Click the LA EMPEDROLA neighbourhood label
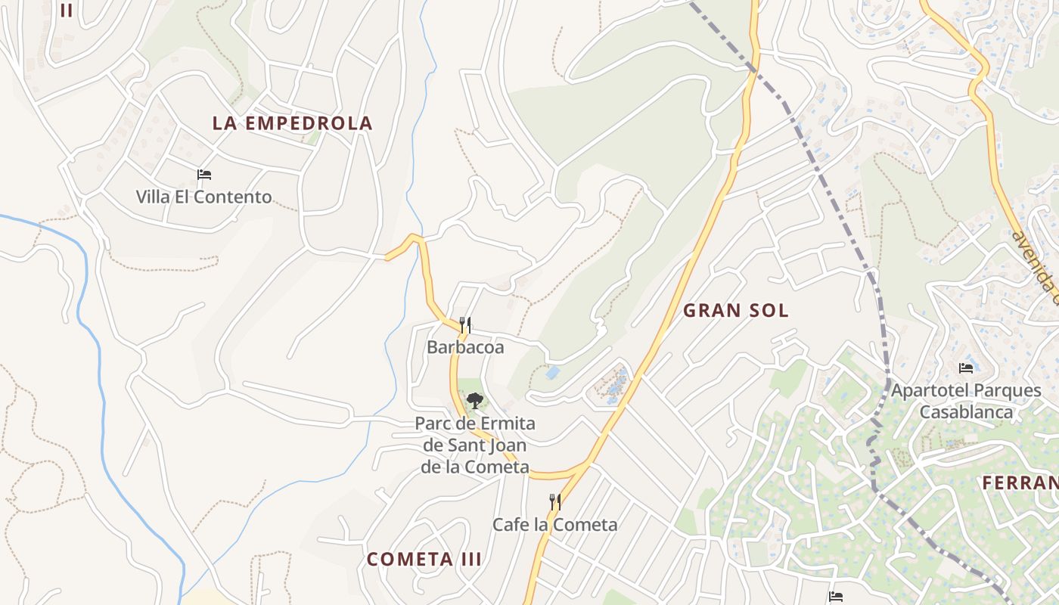point(292,123)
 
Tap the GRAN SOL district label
point(735,310)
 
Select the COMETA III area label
point(424,560)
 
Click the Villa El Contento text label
point(203,197)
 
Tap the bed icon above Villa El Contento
point(203,175)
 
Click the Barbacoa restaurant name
point(465,347)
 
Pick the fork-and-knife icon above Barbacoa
point(465,325)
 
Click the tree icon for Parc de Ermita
point(474,401)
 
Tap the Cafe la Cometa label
point(554,524)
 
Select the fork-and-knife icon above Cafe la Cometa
point(554,501)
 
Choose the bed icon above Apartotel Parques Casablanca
point(966,368)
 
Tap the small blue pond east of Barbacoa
point(553,373)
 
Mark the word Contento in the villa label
point(232,197)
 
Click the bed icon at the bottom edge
point(835,597)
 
